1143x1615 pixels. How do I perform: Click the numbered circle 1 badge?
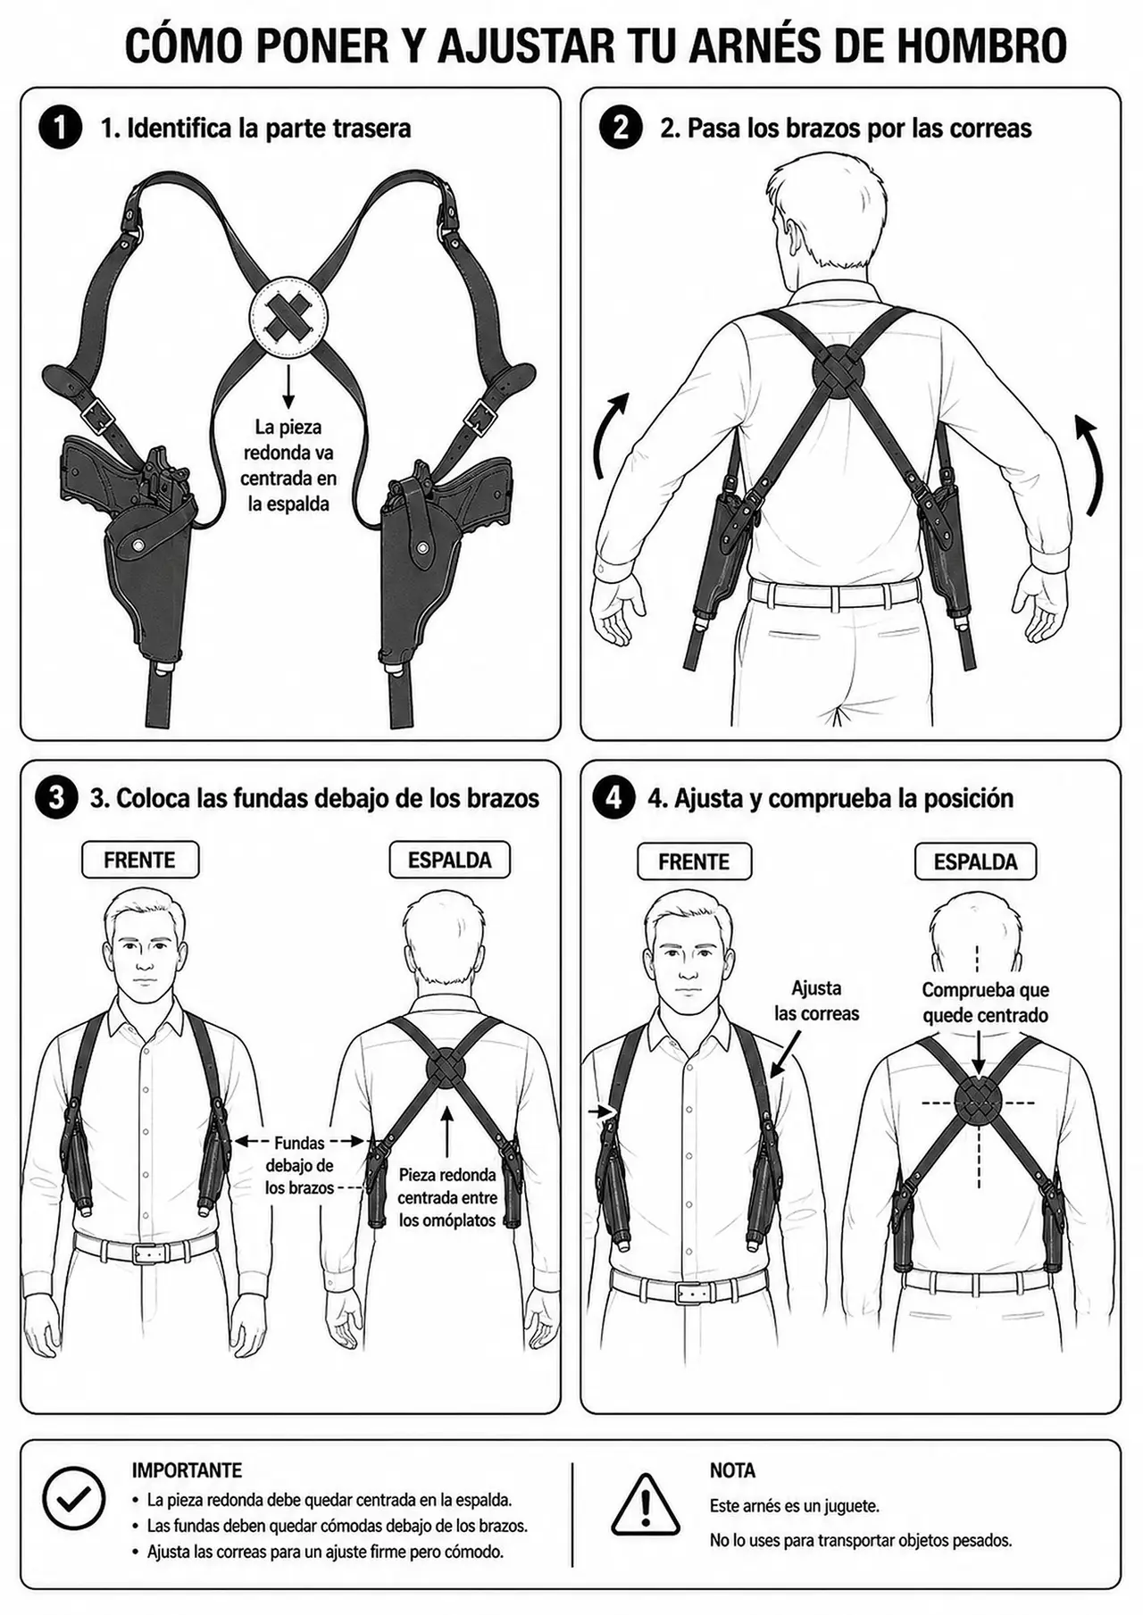[x=60, y=128]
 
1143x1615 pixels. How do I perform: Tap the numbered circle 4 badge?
[x=613, y=797]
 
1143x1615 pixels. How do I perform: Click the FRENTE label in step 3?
[x=139, y=861]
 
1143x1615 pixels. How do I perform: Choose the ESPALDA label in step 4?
[x=975, y=862]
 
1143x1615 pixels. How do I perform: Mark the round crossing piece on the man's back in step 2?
[x=838, y=370]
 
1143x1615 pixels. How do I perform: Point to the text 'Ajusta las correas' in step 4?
[x=816, y=1001]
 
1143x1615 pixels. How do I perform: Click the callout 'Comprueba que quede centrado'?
[x=985, y=1003]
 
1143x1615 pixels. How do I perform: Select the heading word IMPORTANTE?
[x=187, y=1470]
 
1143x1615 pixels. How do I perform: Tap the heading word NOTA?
[x=732, y=1470]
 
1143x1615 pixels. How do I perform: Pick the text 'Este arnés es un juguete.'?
[x=795, y=1506]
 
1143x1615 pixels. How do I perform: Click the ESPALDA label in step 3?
[x=449, y=861]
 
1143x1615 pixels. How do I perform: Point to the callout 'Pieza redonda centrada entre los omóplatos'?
[x=446, y=1198]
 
